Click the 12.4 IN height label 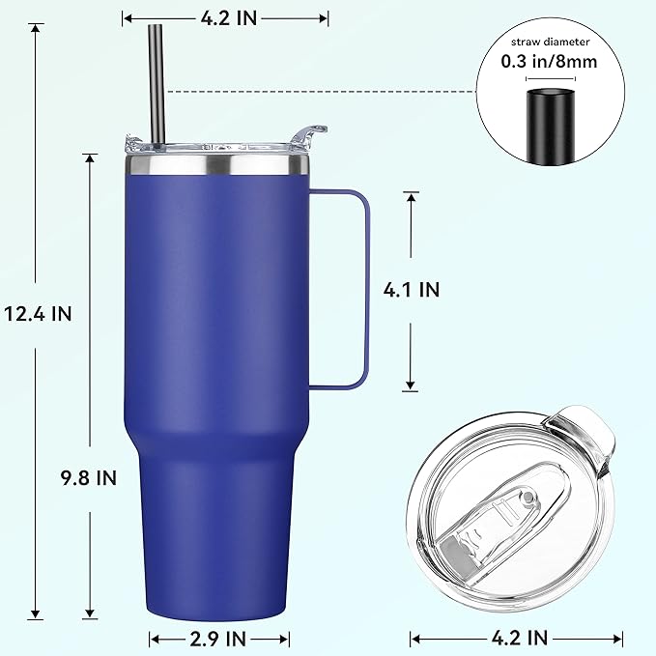[37, 313]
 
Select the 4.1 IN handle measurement [411, 288]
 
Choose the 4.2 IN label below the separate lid [520, 638]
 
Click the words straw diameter [551, 42]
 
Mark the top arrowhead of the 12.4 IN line [37, 28]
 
